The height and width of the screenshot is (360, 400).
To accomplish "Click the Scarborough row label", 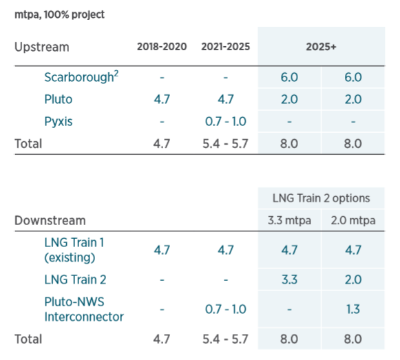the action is coord(81,77).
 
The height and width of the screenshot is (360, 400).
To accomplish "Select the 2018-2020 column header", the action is coord(162,47).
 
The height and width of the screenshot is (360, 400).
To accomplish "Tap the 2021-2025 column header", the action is coord(226,47).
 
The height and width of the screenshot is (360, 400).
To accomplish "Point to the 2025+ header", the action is coord(322,47).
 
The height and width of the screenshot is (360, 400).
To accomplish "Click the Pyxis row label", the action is coord(59,121).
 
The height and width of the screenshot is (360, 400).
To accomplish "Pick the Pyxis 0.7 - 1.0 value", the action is coord(226,121).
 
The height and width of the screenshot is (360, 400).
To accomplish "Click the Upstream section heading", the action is coord(42,47).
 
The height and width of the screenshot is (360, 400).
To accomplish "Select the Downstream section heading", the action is coord(50,220).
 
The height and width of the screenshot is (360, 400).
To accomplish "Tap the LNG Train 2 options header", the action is coord(322,198).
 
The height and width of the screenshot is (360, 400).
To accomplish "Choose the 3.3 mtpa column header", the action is coord(289,220).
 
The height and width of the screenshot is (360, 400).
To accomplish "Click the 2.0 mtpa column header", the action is coord(353,220).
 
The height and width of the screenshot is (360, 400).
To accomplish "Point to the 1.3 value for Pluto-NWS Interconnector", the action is coord(353,309).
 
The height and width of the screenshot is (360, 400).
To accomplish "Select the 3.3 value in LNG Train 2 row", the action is coord(289,279).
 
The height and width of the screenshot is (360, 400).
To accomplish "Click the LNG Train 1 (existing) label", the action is coord(74,250).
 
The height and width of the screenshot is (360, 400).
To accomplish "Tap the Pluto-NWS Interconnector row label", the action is coord(84,309).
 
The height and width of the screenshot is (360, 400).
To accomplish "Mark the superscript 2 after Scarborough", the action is coord(116,74).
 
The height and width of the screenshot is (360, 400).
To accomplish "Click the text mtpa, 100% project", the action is coord(59,14).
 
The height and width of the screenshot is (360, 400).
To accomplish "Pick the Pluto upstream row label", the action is coord(59,99).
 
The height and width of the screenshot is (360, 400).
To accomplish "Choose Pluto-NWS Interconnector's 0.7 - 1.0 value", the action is coord(226,309).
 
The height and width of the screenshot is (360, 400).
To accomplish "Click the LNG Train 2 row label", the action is coord(75,279).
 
